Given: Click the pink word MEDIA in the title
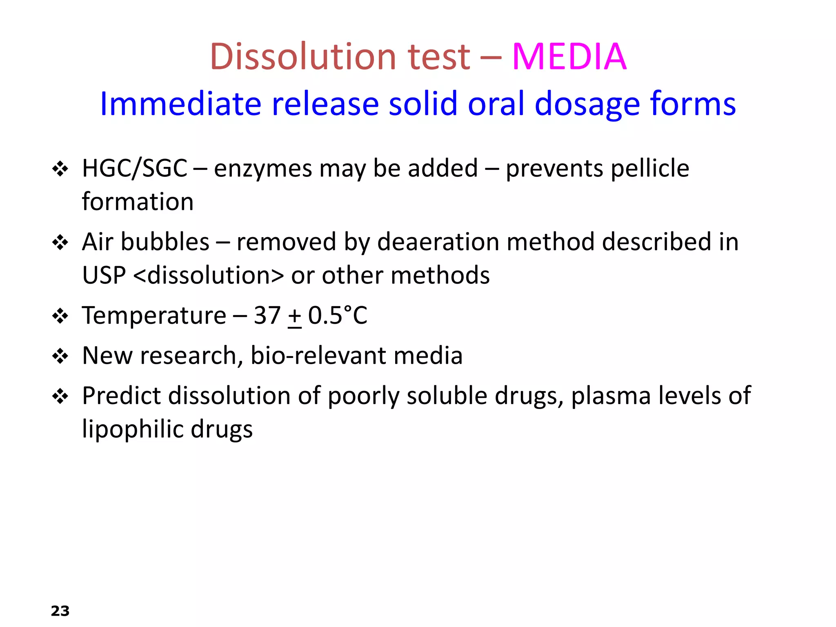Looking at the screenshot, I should (569, 57).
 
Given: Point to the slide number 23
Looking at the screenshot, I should (60, 611).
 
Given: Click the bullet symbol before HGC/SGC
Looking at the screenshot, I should (60, 169).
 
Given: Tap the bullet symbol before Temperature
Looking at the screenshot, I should (60, 316).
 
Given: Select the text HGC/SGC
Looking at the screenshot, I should (134, 168).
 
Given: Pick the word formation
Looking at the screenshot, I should (138, 202).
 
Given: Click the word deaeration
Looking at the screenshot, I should (438, 242).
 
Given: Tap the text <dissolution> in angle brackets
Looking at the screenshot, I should (208, 275).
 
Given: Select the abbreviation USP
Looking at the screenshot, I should (104, 275).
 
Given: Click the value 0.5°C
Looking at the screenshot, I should (338, 316).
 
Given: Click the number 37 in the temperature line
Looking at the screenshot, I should (267, 316).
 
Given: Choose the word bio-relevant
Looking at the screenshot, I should (318, 356).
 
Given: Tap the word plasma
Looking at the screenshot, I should (611, 396).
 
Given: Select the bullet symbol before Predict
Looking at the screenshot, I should (60, 396).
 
